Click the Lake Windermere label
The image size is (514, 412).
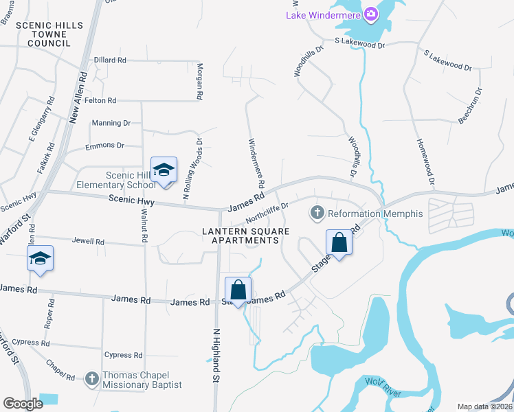[x=324, y=15]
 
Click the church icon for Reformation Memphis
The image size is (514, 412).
[x=317, y=214]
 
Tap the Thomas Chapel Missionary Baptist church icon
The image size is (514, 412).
[x=92, y=377]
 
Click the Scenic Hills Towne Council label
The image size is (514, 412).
[x=49, y=34]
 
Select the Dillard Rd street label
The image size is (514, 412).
[x=110, y=60]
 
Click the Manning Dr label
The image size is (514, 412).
[x=111, y=123]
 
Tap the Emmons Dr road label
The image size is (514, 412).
[x=104, y=146]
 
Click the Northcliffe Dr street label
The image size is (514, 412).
[x=267, y=209]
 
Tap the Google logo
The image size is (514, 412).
[x=23, y=404]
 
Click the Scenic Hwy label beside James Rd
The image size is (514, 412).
[x=131, y=202]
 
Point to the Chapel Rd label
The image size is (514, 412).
[x=60, y=370]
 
